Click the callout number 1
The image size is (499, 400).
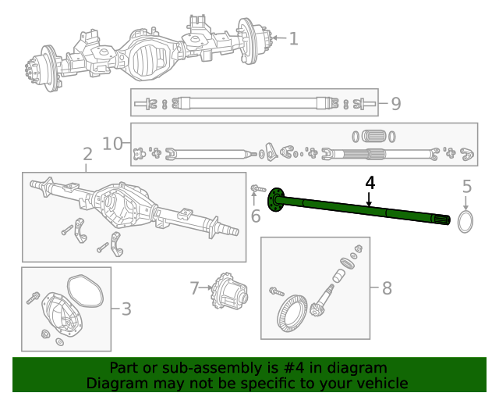click(x=293, y=38)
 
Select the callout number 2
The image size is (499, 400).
click(x=87, y=155)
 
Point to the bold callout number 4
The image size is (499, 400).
click(x=370, y=183)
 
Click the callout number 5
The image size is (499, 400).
click(x=467, y=187)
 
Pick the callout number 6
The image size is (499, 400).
click(x=255, y=216)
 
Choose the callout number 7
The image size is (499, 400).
click(x=195, y=288)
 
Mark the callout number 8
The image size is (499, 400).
click(x=387, y=288)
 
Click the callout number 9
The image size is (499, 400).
click(x=395, y=103)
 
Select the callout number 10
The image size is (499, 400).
click(x=113, y=143)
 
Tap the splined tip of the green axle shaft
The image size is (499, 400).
click(x=445, y=220)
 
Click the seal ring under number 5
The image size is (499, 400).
click(x=465, y=222)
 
